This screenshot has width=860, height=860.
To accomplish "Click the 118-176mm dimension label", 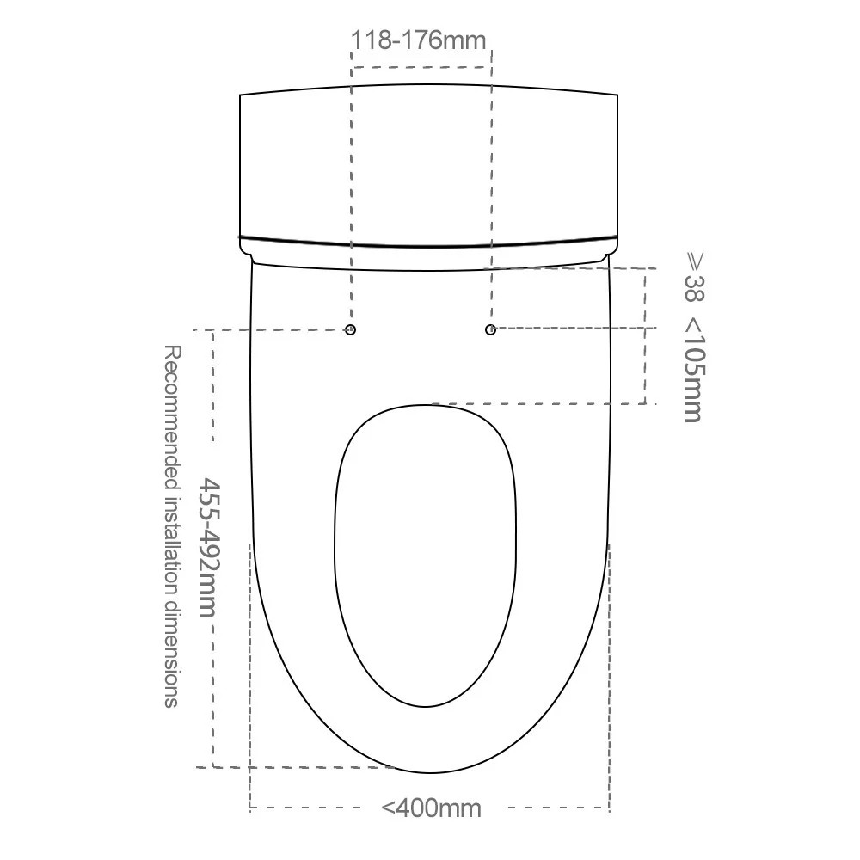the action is tap(418, 40).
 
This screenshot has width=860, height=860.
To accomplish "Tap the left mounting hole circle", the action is tap(351, 329).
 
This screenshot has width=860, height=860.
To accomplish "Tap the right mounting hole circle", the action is tap(490, 329).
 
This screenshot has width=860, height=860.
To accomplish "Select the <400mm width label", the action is tap(431, 808).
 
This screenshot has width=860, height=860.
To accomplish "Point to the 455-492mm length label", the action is tap(209, 548).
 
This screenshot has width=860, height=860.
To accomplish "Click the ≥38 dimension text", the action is tap(694, 277).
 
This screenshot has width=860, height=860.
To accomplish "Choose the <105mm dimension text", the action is tap(694, 370).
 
